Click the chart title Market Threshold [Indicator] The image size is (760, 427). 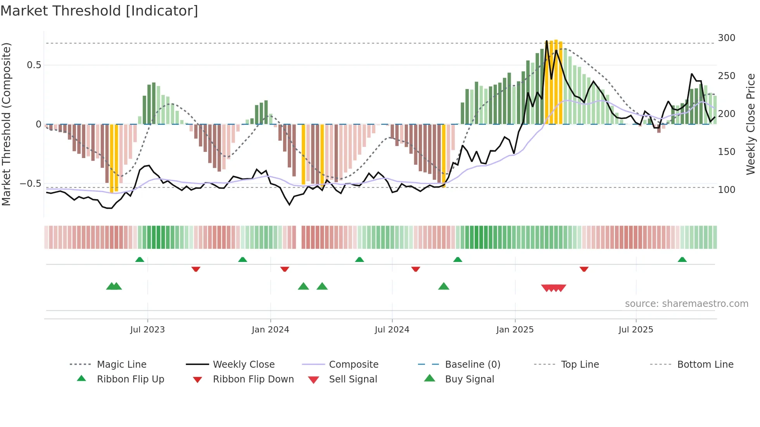[99, 11]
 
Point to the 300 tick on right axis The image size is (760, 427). [726, 38]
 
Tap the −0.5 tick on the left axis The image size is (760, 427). [30, 184]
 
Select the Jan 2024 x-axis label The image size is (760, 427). [270, 330]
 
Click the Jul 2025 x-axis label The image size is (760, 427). [636, 330]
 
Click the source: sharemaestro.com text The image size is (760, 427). [686, 304]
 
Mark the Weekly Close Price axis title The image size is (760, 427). [751, 124]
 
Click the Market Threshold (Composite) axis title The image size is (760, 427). [6, 124]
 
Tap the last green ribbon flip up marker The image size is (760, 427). [682, 260]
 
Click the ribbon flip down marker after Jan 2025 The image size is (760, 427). [584, 269]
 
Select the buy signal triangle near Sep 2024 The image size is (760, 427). [444, 286]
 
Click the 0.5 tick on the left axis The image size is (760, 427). [34, 65]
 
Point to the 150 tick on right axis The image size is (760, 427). [726, 152]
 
